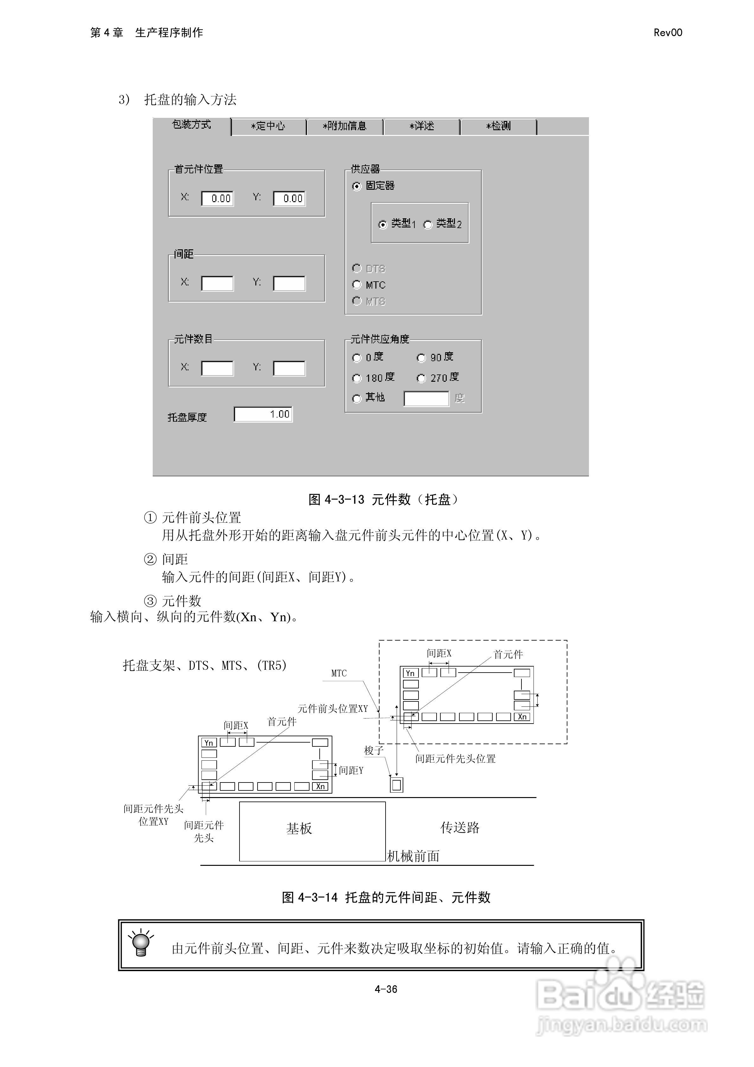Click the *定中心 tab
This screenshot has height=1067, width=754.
click(x=268, y=126)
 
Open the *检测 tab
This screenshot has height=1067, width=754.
click(x=498, y=126)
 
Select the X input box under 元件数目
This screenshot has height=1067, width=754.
click(x=217, y=368)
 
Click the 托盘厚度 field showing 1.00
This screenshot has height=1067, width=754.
click(x=263, y=414)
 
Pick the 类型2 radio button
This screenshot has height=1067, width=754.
click(x=428, y=225)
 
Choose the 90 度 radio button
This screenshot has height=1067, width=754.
click(x=421, y=358)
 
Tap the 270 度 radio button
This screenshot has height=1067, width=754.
click(x=421, y=378)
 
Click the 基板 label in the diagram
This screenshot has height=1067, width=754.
click(x=299, y=828)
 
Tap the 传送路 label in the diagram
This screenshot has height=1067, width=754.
click(x=460, y=827)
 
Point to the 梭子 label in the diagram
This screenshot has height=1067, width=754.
click(x=374, y=751)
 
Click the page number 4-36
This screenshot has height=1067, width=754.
click(x=386, y=989)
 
